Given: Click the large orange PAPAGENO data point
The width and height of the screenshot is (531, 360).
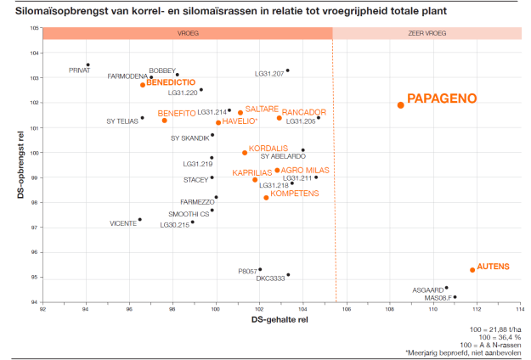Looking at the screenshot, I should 400,104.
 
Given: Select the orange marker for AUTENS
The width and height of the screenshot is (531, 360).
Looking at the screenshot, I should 472,270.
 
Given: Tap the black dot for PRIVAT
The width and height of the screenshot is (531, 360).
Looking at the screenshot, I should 88,65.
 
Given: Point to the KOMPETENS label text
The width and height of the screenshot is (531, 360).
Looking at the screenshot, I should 294,194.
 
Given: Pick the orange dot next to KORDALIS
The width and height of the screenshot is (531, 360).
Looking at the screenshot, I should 245,153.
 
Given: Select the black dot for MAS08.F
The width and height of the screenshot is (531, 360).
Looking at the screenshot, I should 455,297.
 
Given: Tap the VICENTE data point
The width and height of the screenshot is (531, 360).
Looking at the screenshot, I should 139,219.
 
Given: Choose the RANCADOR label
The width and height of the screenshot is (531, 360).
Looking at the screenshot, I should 303,112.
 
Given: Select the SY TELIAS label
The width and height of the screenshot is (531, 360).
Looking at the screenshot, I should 122,121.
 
